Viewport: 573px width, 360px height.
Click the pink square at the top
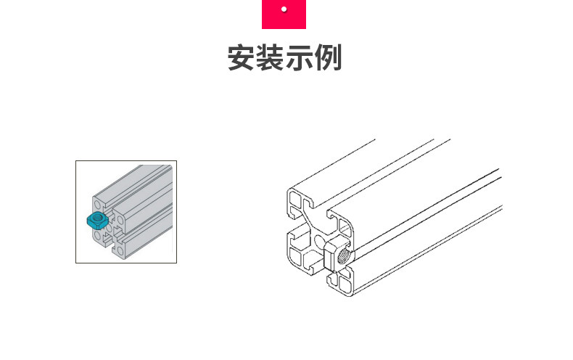(x=284, y=14)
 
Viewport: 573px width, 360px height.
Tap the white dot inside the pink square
(x=284, y=9)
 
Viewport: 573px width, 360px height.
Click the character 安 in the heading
(x=242, y=58)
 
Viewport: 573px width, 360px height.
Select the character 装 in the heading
(x=270, y=58)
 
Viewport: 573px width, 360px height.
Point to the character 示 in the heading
(x=299, y=58)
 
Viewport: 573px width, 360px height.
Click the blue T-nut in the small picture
(x=96, y=220)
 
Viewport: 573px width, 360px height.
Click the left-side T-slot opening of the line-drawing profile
(x=289, y=229)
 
